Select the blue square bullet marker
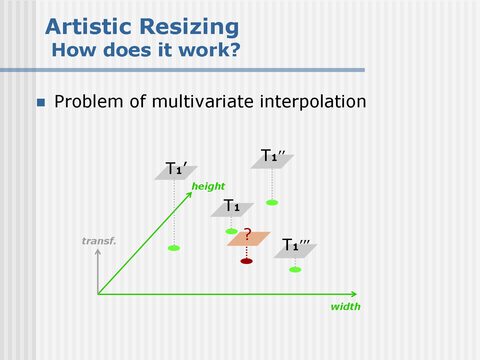pos(41,102)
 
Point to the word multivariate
pos(203,101)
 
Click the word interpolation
pos(313,102)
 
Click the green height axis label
pos(208,186)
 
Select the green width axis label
pos(346,306)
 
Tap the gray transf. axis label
pos(99,241)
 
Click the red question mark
pos(248,234)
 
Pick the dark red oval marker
pos(246,261)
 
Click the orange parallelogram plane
pos(248,239)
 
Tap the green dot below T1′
pos(174,248)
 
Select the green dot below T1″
pos(272,202)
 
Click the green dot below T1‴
pos(295,270)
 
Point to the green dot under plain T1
pos(232,232)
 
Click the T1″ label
pos(273,156)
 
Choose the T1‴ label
pos(296,244)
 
